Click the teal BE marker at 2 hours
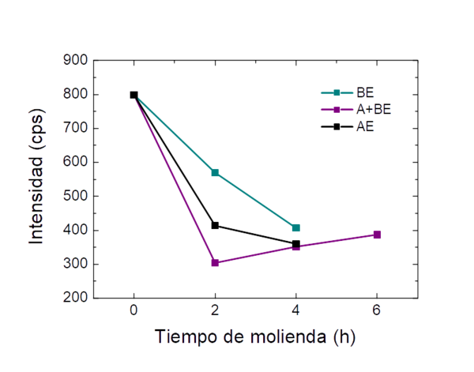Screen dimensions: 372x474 tap(215, 172)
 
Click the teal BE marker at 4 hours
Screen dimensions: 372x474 tap(296, 227)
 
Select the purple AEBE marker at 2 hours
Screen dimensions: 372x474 tap(215, 263)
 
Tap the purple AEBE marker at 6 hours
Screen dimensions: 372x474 tap(378, 235)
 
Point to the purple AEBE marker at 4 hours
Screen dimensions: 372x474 tap(296, 246)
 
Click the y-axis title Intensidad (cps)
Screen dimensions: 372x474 tap(36, 178)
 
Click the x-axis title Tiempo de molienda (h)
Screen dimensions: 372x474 tap(255, 337)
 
